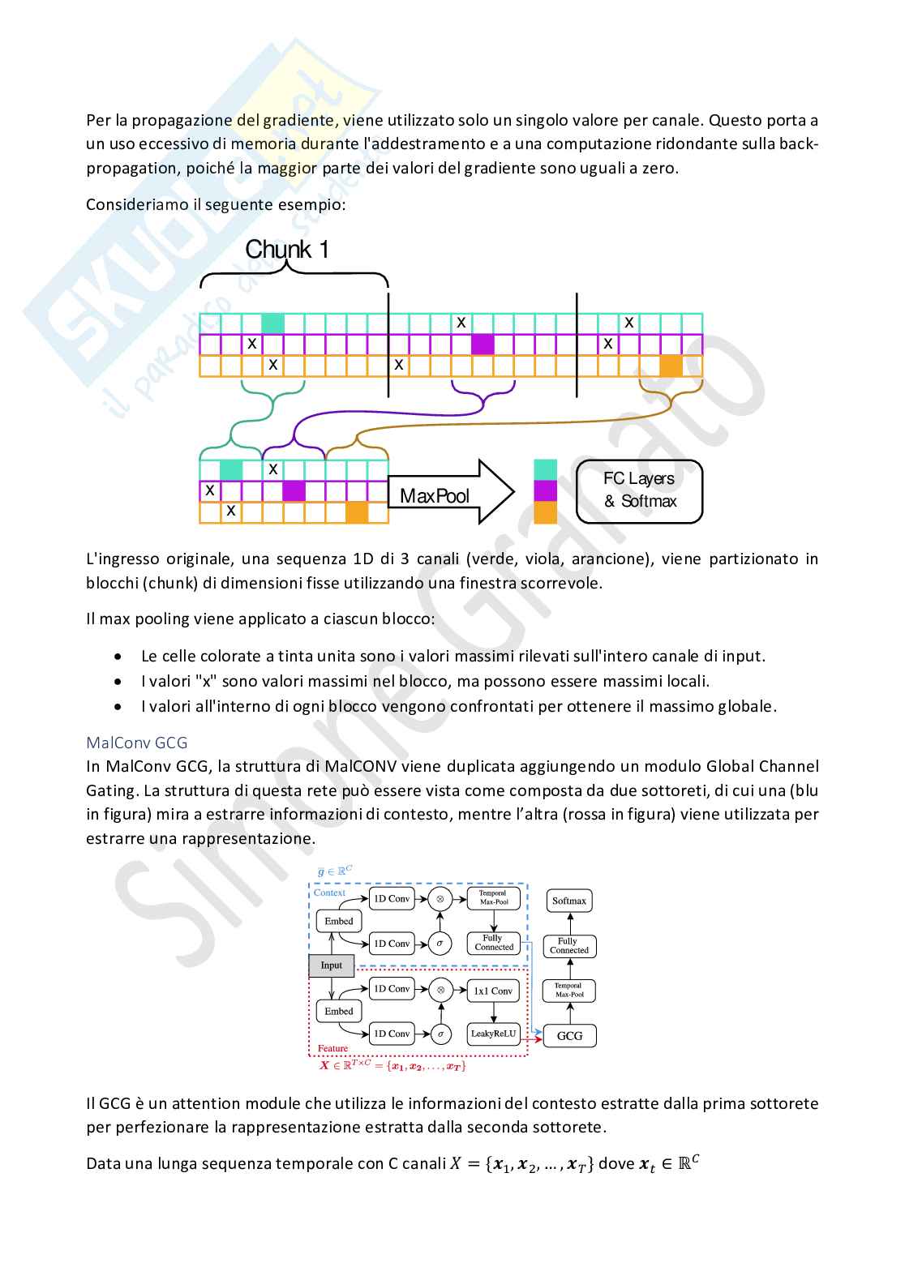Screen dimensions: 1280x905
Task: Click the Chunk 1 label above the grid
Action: tap(287, 249)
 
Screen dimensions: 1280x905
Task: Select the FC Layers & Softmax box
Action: tap(639, 490)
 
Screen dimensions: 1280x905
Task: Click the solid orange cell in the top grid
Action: tap(671, 366)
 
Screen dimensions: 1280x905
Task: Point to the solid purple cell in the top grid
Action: tap(483, 344)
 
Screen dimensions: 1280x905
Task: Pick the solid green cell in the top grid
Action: tap(272, 323)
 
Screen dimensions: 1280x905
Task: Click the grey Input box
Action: tap(331, 965)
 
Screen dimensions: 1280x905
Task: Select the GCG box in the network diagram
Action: tap(569, 1035)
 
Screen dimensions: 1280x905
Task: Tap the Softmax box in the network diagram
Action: tap(568, 901)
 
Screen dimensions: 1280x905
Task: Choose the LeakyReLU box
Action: tap(493, 1034)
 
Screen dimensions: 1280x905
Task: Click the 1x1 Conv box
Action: tap(493, 991)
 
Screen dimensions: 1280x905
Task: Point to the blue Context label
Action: tap(329, 893)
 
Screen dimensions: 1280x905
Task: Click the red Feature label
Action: tap(332, 1048)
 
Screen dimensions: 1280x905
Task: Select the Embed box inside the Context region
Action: tap(338, 921)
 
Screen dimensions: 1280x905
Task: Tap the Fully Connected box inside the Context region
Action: tap(493, 943)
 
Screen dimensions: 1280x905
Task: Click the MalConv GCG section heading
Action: tap(137, 742)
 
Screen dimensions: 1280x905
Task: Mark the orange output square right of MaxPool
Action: tap(545, 512)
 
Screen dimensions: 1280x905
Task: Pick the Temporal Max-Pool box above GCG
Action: tap(568, 990)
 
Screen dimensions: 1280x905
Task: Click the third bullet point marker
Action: tap(119, 706)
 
